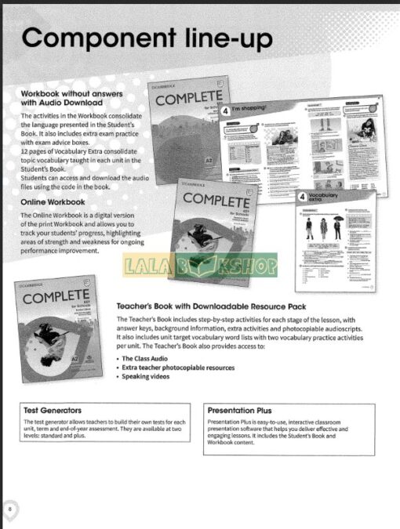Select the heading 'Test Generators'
(x=53, y=410)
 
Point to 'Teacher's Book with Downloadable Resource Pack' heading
(x=211, y=306)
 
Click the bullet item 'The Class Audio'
(x=147, y=357)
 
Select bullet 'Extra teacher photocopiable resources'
(x=177, y=367)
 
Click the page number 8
(x=10, y=509)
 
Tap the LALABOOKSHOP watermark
(x=200, y=266)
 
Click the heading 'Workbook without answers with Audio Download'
(x=62, y=97)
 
